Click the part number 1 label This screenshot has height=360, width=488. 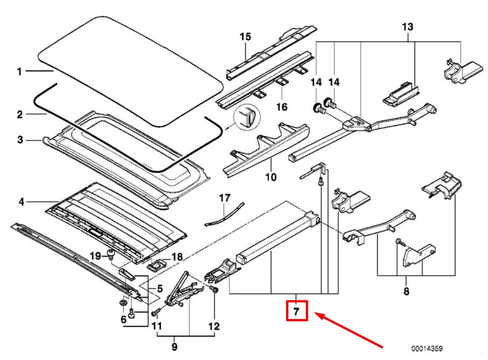pyautogui.click(x=19, y=72)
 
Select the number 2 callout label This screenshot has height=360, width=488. pyautogui.click(x=19, y=115)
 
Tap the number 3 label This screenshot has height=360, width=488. pyautogui.click(x=19, y=140)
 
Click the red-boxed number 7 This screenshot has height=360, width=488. pyautogui.click(x=296, y=311)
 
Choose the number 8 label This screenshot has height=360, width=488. pyautogui.click(x=406, y=292)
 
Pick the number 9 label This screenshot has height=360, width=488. pyautogui.click(x=175, y=347)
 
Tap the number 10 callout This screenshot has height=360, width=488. pyautogui.click(x=271, y=177)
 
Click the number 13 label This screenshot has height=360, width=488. pyautogui.click(x=407, y=27)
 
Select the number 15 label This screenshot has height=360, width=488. pyautogui.click(x=245, y=36)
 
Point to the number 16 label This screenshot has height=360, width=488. pyautogui.click(x=282, y=107)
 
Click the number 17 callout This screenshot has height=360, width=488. pyautogui.click(x=224, y=197)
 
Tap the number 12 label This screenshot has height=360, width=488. pyautogui.click(x=214, y=326)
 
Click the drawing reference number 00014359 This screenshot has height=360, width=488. pyautogui.click(x=426, y=348)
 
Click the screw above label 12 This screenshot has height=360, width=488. pyautogui.click(x=214, y=290)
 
